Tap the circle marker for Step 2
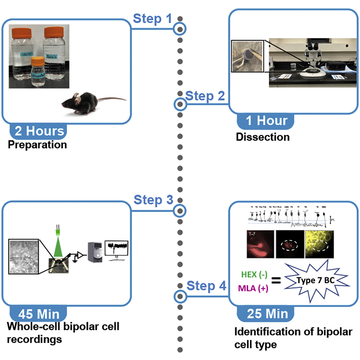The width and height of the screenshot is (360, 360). click(180, 105)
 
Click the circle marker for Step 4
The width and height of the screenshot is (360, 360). click(180, 296)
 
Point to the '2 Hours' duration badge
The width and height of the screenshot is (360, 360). click(39, 131)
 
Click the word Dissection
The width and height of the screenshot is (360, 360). click(263, 137)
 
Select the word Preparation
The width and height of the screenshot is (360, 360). click(37, 145)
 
